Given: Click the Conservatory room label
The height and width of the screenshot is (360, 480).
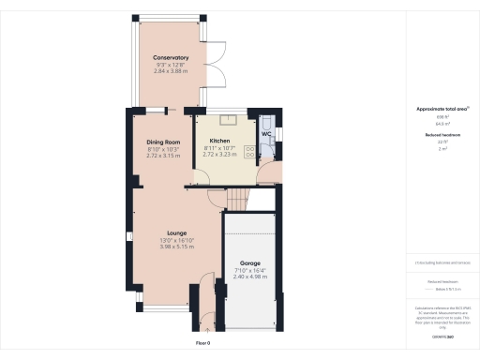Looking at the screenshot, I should click(172, 58).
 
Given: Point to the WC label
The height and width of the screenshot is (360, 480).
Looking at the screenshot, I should click(266, 135).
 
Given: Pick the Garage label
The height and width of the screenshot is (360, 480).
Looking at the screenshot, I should click(249, 263).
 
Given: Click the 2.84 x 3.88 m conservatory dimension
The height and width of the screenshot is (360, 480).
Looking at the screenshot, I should click(172, 71).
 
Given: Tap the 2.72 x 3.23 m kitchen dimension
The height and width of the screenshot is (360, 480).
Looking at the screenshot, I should click(221, 155).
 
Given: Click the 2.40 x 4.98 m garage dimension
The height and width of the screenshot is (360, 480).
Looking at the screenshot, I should click(249, 277).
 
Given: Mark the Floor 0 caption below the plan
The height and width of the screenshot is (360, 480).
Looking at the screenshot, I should click(203, 344).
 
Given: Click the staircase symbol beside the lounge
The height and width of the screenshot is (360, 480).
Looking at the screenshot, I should click(243, 198).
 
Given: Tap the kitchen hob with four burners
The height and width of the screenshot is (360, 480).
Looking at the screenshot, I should click(250, 152).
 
